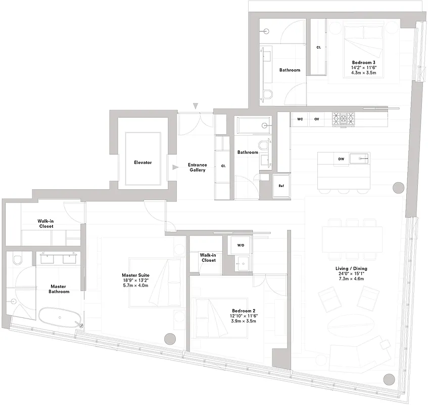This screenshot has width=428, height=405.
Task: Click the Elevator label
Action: (x=143, y=163)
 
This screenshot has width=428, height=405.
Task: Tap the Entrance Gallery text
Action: (x=197, y=168)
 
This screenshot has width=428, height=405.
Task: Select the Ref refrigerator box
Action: (x=281, y=186)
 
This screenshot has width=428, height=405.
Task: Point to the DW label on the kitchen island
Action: (x=341, y=159)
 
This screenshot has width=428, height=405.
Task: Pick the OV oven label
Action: (x=317, y=119)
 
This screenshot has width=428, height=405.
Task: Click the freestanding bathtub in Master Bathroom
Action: (x=59, y=317)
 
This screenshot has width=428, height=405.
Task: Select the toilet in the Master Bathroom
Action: (x=18, y=260)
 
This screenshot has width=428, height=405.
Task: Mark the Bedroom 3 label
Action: (x=363, y=63)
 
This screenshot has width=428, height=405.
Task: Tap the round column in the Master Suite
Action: (x=170, y=339)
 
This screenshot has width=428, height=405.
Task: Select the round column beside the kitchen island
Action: (x=399, y=188)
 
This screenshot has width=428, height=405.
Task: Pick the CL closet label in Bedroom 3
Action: (x=318, y=47)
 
